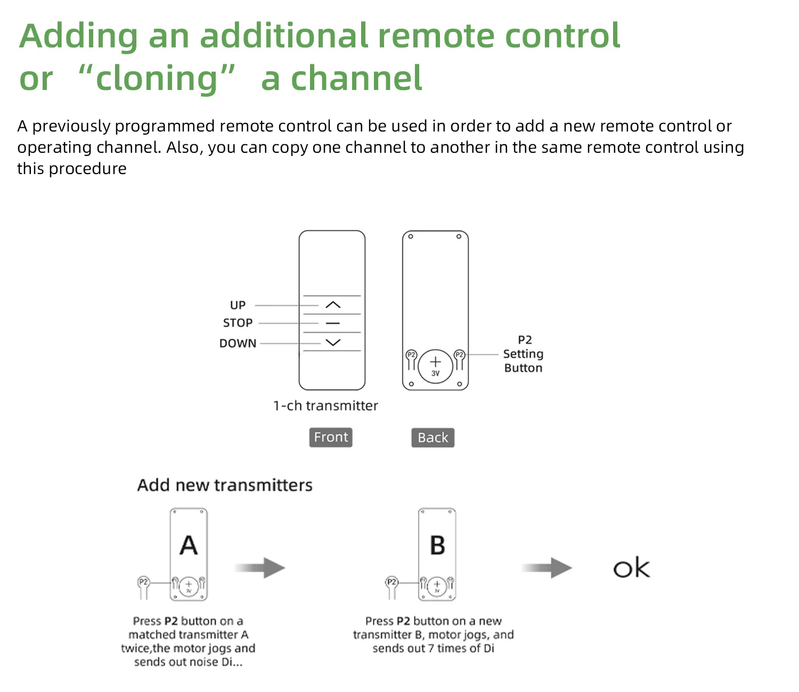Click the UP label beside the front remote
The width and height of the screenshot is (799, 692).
[x=238, y=305]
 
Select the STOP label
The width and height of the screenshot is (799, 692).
[x=238, y=323]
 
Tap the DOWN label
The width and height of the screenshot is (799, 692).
[x=238, y=343]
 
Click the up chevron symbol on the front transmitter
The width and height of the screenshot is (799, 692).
[x=333, y=305]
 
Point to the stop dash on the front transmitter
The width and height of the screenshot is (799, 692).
[x=333, y=323]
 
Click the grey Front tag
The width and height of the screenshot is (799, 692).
[x=331, y=437]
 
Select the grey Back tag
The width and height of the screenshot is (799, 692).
[x=433, y=438]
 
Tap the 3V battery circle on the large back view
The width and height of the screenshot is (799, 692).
[x=435, y=366]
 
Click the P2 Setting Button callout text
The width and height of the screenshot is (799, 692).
[x=523, y=354]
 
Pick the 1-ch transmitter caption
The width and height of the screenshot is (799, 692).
[x=325, y=406]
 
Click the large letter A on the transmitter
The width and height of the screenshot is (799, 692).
[x=189, y=545]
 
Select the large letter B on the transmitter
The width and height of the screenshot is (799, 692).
[x=437, y=545]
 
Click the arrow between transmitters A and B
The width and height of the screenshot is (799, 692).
[x=260, y=568]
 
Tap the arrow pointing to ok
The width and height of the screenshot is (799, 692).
[x=547, y=568]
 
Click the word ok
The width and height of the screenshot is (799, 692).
[x=631, y=569]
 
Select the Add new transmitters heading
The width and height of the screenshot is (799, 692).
[x=225, y=485]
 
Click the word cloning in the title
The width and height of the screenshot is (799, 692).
[x=157, y=78]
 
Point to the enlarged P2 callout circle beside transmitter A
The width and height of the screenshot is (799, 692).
[x=143, y=582]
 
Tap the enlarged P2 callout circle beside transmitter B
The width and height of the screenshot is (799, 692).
[x=392, y=582]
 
